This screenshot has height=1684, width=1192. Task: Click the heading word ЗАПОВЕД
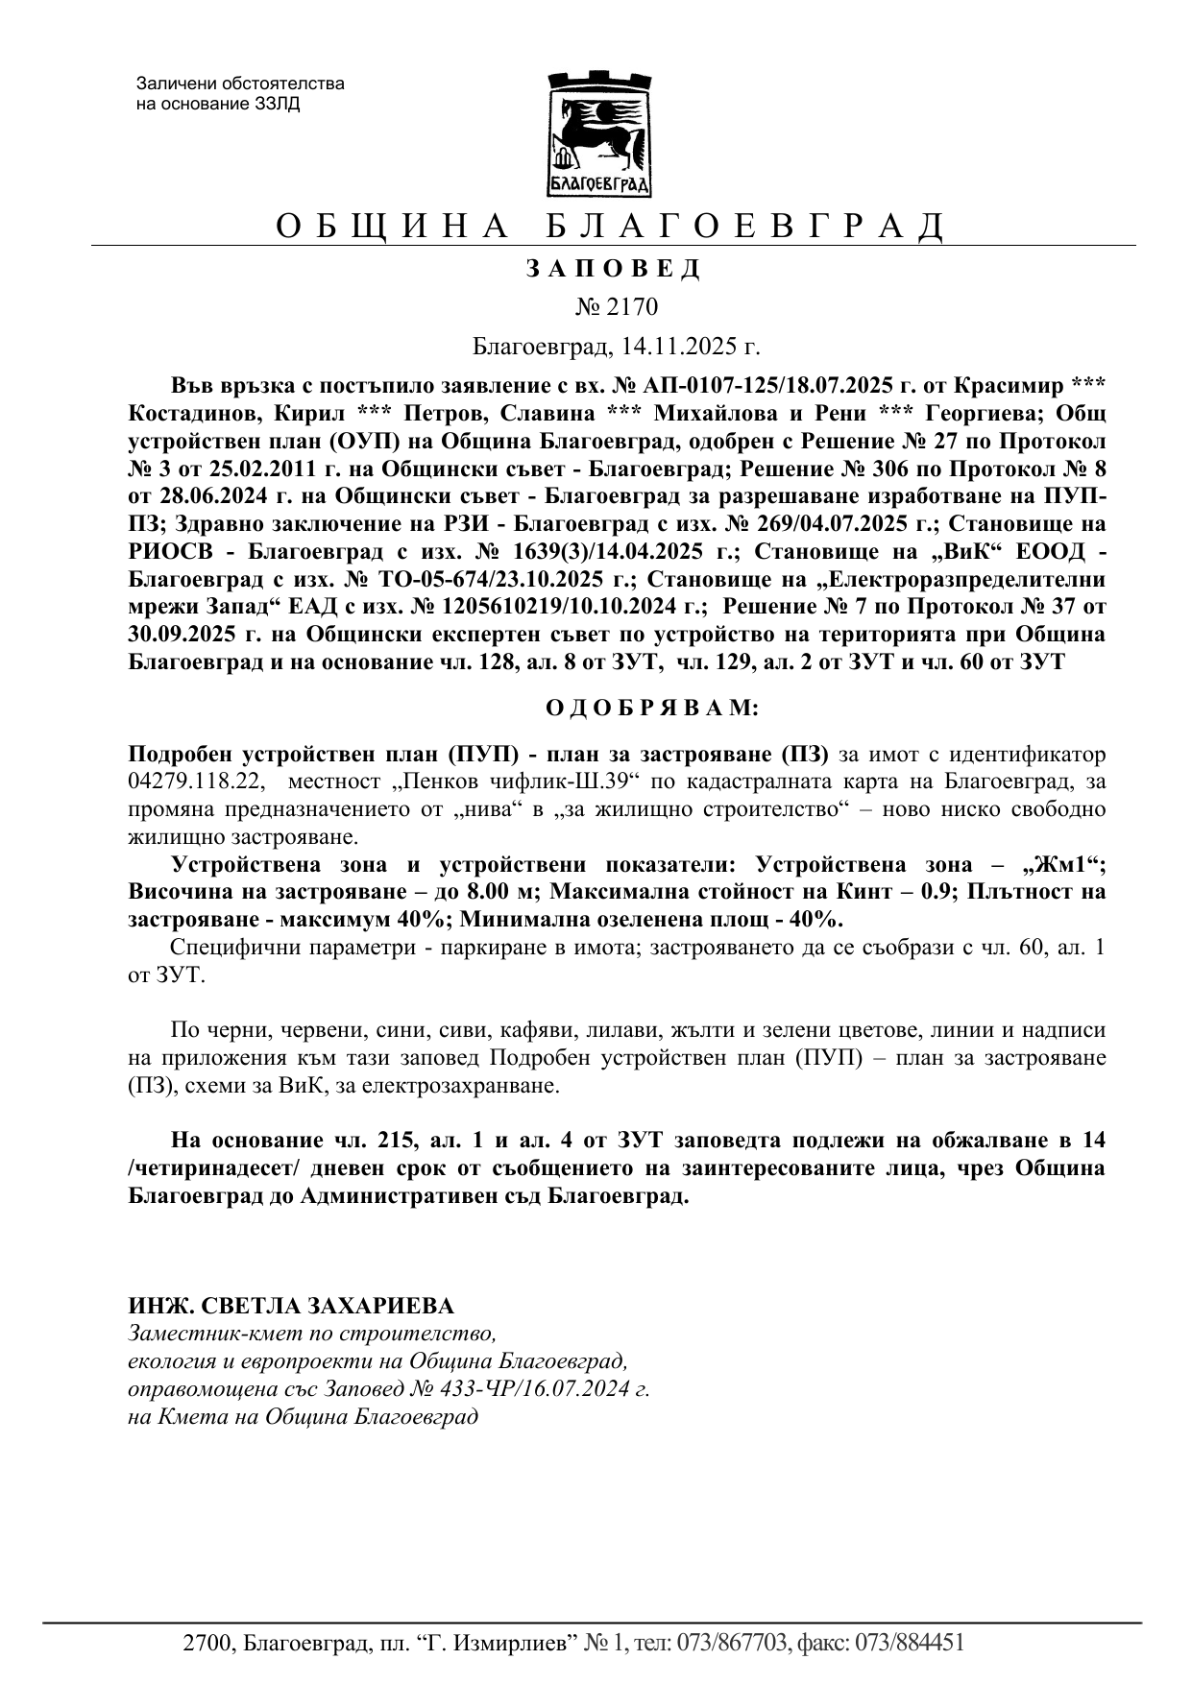(614, 269)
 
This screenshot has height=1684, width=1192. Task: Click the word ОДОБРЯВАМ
(652, 709)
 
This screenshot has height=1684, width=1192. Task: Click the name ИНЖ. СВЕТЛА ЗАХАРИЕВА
(291, 1306)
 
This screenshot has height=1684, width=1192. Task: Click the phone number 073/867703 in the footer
(733, 1643)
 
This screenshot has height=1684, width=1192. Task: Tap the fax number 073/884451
(908, 1643)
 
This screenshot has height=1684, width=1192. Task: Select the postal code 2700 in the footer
(207, 1643)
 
